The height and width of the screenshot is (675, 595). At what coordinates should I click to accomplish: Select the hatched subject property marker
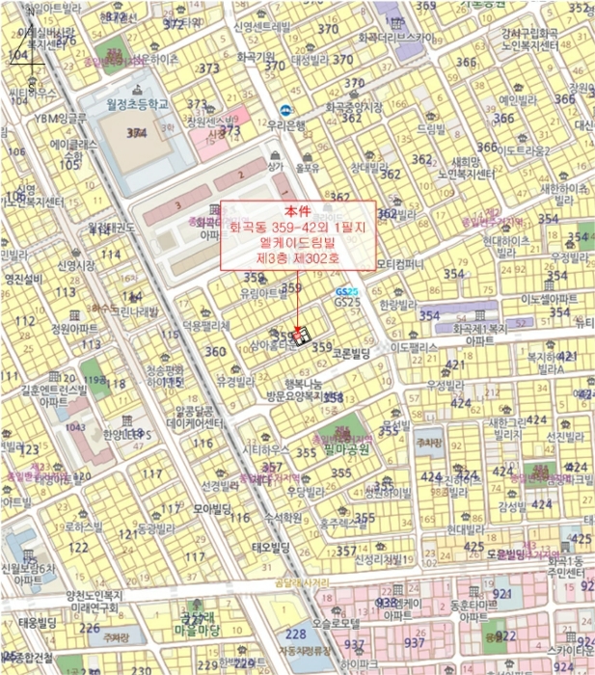point(300,336)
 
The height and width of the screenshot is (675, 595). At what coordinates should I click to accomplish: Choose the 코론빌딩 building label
point(351,355)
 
